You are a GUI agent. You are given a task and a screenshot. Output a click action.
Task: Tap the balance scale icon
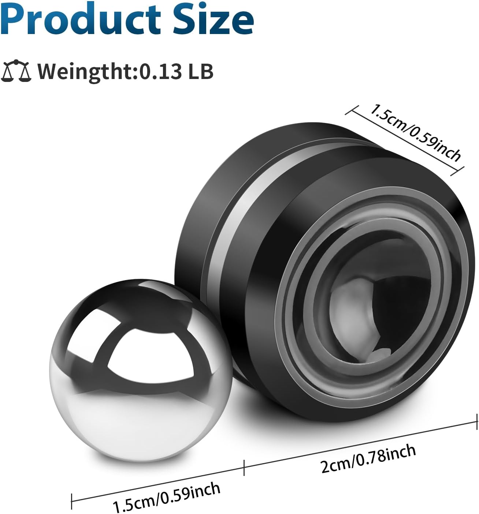pyautogui.click(x=17, y=71)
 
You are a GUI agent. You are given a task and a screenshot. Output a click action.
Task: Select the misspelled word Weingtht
pyautogui.click(x=84, y=72)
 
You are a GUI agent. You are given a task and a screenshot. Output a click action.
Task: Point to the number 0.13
pyautogui.click(x=160, y=71)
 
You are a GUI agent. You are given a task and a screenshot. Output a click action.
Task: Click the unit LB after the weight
pyautogui.click(x=201, y=71)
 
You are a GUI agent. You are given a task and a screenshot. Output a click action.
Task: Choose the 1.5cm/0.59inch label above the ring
pyautogui.click(x=415, y=133)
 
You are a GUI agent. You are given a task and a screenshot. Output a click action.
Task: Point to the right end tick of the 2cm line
pyautogui.click(x=477, y=421)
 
